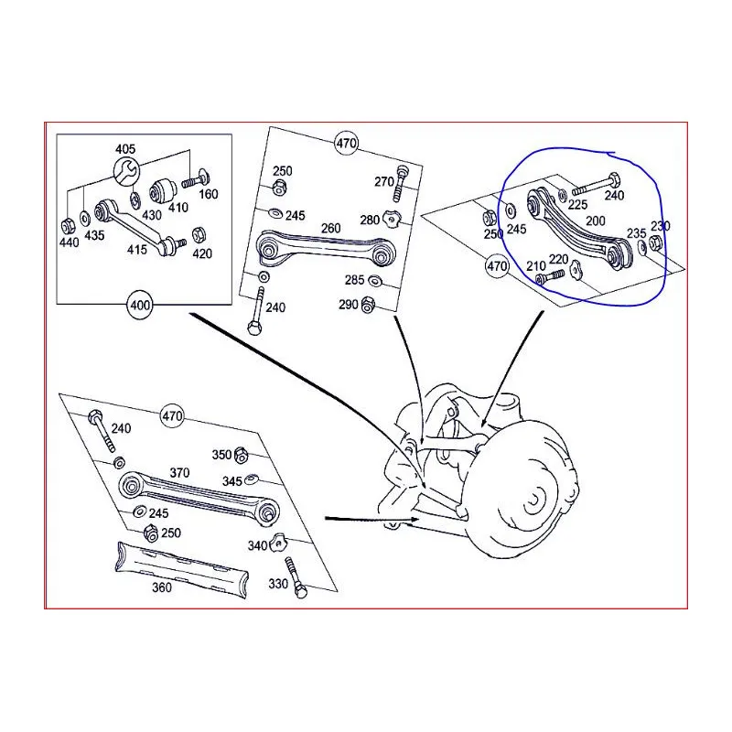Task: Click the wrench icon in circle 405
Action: pos(126,170)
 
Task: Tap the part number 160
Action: pos(209,194)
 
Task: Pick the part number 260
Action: pos(330,229)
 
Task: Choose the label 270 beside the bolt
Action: pos(383,180)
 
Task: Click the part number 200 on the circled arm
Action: pos(596,221)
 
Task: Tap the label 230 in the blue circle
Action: pos(660,227)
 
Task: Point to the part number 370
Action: pos(179,472)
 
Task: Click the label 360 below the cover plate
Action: pos(162,587)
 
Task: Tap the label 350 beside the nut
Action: pos(222,454)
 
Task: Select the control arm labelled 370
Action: pos(197,499)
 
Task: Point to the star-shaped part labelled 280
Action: pos(392,218)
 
